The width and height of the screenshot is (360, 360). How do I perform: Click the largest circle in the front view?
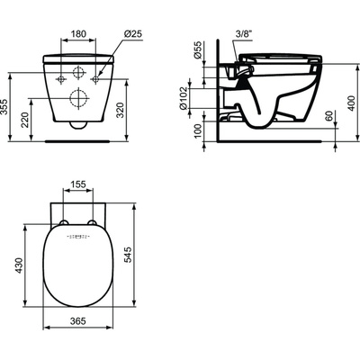78,93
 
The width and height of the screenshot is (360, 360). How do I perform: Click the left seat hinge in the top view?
65,221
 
